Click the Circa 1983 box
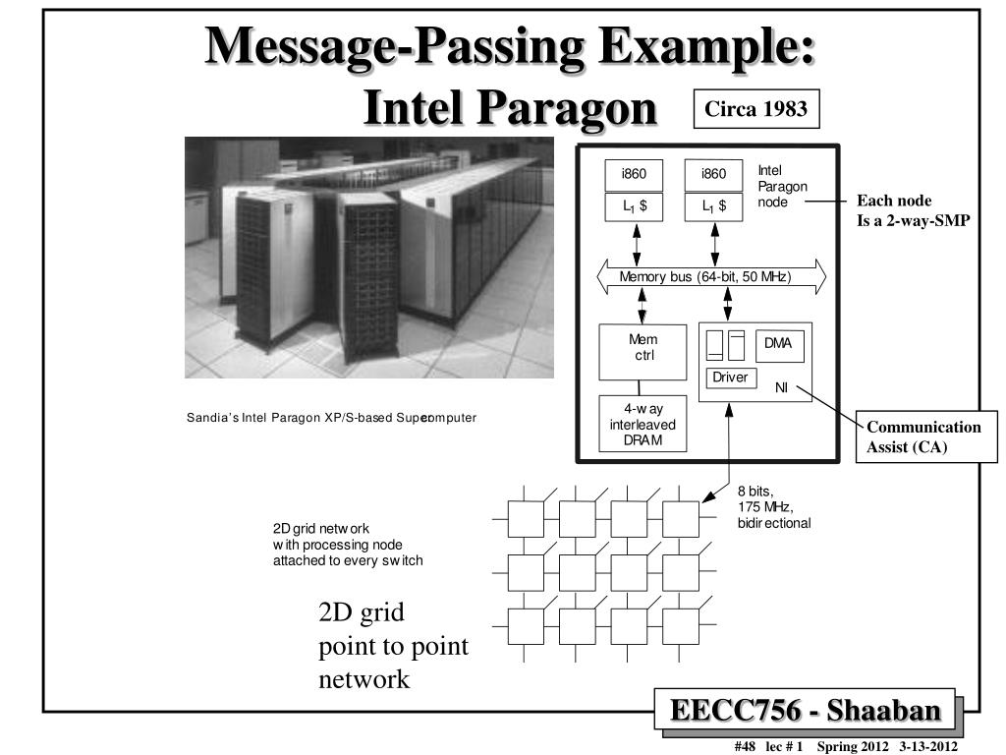756,109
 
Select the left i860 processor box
634,175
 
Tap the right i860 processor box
714,175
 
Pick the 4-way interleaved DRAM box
643,424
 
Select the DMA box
778,345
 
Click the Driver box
730,377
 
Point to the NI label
781,387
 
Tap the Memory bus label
704,277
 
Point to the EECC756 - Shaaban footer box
805,711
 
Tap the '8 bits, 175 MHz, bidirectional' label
773,507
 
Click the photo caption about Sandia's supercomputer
331,418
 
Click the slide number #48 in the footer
744,746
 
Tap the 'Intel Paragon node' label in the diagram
782,186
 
